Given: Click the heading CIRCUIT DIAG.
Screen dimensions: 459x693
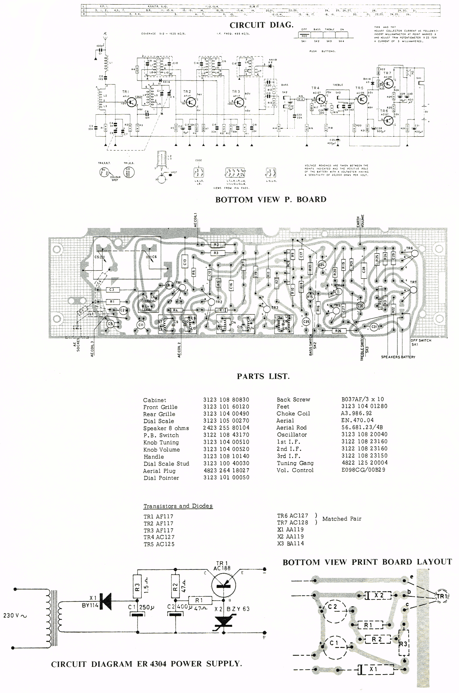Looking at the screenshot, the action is [261, 25].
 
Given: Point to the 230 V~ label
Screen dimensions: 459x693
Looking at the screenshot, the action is [15, 615].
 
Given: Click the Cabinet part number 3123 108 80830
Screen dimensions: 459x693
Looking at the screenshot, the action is [226, 400].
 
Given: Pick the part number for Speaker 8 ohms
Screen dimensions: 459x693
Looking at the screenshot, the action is [226, 428].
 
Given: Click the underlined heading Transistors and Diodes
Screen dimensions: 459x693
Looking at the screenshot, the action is [178, 506].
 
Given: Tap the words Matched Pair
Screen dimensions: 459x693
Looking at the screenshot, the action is [342, 519].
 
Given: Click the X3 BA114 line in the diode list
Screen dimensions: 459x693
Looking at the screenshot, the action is [290, 543].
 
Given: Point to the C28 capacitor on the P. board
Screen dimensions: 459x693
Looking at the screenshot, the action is [364, 269].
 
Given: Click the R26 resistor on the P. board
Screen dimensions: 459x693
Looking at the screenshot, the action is [338, 331].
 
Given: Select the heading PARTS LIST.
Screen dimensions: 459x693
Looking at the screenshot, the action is [263, 376].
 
